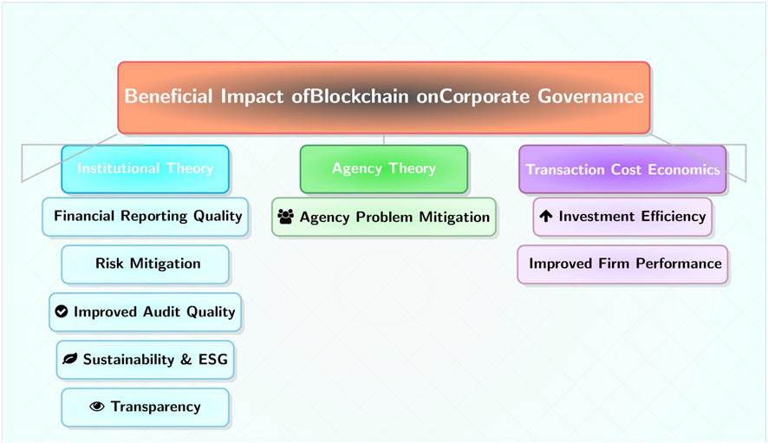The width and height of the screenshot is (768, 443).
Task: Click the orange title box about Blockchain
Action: point(384,97)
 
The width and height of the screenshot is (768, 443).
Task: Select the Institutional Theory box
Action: point(145,168)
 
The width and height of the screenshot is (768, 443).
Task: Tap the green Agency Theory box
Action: point(384,168)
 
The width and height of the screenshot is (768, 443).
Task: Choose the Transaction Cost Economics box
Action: point(622,169)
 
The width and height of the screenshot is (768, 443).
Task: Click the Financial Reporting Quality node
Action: point(146,216)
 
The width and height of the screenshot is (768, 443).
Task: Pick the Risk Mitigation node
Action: point(146,264)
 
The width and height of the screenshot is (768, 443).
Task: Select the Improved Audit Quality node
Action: point(145,311)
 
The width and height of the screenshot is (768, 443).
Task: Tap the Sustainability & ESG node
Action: point(146,359)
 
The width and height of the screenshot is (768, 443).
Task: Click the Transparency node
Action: point(146,407)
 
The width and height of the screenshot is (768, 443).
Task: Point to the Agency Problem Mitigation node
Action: point(384,217)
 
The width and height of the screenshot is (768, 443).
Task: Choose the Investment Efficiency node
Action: point(622,217)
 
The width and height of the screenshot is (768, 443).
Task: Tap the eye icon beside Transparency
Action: point(96,407)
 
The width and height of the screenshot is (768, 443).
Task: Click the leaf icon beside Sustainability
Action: point(69,359)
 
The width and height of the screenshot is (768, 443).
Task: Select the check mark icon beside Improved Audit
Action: point(61,311)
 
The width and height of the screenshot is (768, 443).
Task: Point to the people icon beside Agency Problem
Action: point(286,217)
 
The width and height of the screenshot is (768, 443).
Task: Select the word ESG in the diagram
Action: point(212,359)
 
